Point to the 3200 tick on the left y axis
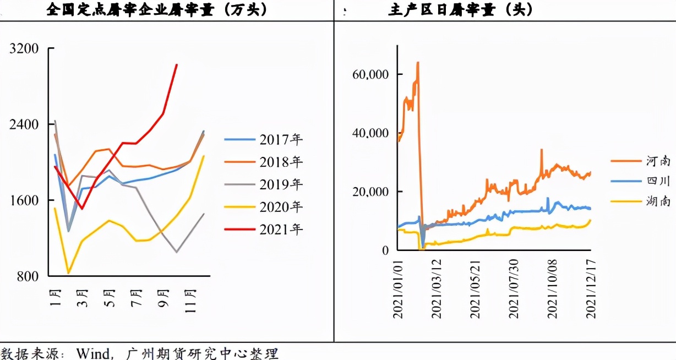(24, 49)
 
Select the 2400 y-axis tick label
(24, 125)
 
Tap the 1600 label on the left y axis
(24, 200)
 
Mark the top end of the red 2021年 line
(176, 64)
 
